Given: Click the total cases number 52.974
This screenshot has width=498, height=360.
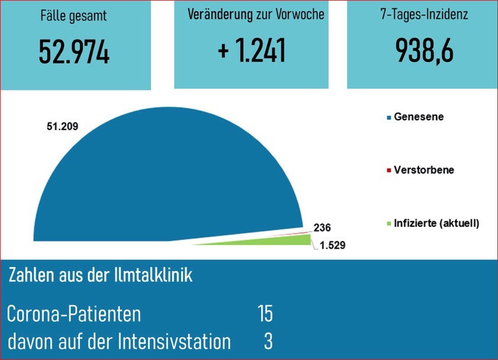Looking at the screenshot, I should pyautogui.click(x=75, y=53).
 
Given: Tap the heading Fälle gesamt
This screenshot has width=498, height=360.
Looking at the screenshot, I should pyautogui.click(x=75, y=16).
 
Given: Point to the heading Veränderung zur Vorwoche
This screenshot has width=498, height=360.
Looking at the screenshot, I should pyautogui.click(x=256, y=15).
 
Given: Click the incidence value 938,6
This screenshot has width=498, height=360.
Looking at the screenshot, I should pyautogui.click(x=425, y=52).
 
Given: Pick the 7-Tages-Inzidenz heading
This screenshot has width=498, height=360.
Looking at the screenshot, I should pyautogui.click(x=425, y=15).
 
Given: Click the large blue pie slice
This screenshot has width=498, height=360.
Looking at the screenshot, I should pyautogui.click(x=172, y=178).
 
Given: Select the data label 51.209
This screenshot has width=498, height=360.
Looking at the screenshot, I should pyautogui.click(x=63, y=126).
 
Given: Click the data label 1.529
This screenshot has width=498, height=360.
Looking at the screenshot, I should pyautogui.click(x=330, y=244).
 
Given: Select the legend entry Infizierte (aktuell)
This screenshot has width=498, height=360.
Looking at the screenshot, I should pyautogui.click(x=436, y=223).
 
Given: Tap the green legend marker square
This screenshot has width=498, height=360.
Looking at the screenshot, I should pyautogui.click(x=389, y=224).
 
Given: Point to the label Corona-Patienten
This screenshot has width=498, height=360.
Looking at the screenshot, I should pyautogui.click(x=74, y=314).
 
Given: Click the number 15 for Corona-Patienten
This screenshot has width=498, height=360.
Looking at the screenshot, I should pyautogui.click(x=265, y=313).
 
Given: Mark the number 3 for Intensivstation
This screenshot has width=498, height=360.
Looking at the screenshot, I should pyautogui.click(x=268, y=342).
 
